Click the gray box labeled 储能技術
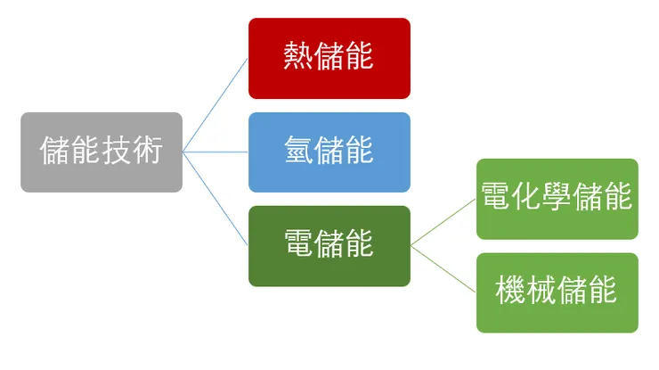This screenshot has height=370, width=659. coord(101,152)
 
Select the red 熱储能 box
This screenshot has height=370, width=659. coord(329,58)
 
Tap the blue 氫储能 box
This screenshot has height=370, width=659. coord(329,152)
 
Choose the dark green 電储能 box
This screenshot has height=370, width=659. coord(329,245)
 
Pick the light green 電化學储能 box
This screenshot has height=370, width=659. coord(557,198)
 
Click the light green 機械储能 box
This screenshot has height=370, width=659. coord(557,292)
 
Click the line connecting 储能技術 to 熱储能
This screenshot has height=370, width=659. coord(216,104)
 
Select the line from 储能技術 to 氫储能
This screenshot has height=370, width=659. coord(216,152)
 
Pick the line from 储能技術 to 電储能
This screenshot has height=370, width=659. coord(216,199)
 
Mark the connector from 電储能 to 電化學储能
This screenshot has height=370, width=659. coord(443,221)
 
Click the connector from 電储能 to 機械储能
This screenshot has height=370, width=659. coord(443,268)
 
